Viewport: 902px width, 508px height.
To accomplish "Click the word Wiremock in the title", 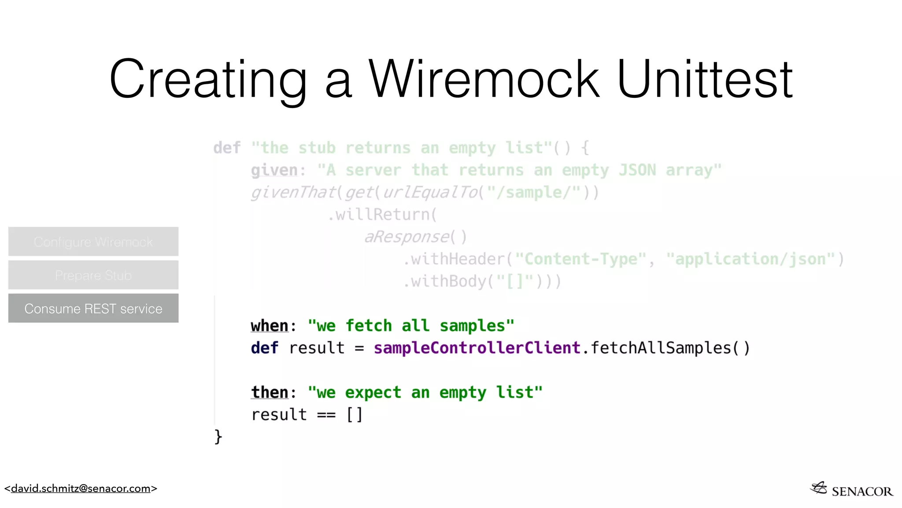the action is [484, 79].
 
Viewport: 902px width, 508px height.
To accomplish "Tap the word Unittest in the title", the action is [705, 79].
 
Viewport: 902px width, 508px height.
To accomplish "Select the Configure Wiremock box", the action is [93, 242].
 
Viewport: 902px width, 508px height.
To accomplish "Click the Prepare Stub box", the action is [93, 275].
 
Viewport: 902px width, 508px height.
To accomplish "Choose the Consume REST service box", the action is [93, 308].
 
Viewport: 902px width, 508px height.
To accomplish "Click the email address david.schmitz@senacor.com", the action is [81, 489].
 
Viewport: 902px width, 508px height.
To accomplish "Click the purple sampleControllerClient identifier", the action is [477, 348].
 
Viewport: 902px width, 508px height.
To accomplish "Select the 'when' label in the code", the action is [269, 326].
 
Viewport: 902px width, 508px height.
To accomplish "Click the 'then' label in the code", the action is [269, 392].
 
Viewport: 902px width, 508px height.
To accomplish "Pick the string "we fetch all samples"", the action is [411, 326].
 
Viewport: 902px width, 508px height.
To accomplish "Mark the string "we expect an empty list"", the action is [425, 392].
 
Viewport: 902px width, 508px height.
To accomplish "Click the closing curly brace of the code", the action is [218, 437].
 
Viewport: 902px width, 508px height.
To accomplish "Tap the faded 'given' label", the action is [274, 170].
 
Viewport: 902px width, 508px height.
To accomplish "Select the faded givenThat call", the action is [293, 193].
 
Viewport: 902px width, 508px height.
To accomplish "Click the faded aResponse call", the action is [407, 237].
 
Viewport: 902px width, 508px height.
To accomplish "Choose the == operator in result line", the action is [326, 415].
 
